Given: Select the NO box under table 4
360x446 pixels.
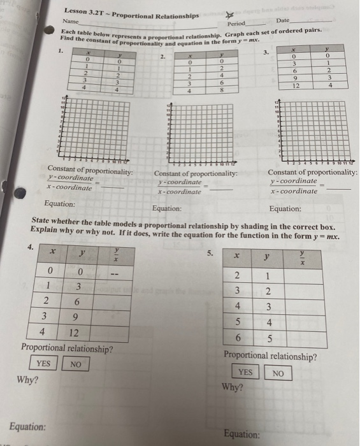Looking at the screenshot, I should click(75, 364).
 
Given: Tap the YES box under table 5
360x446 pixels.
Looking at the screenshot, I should click(245, 372).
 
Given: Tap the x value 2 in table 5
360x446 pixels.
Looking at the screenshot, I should click(236, 276).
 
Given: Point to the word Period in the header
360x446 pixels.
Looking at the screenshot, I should click(227, 24).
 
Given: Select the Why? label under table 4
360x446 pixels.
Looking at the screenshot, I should click(27, 380).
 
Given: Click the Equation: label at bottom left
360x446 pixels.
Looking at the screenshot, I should click(27, 426).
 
